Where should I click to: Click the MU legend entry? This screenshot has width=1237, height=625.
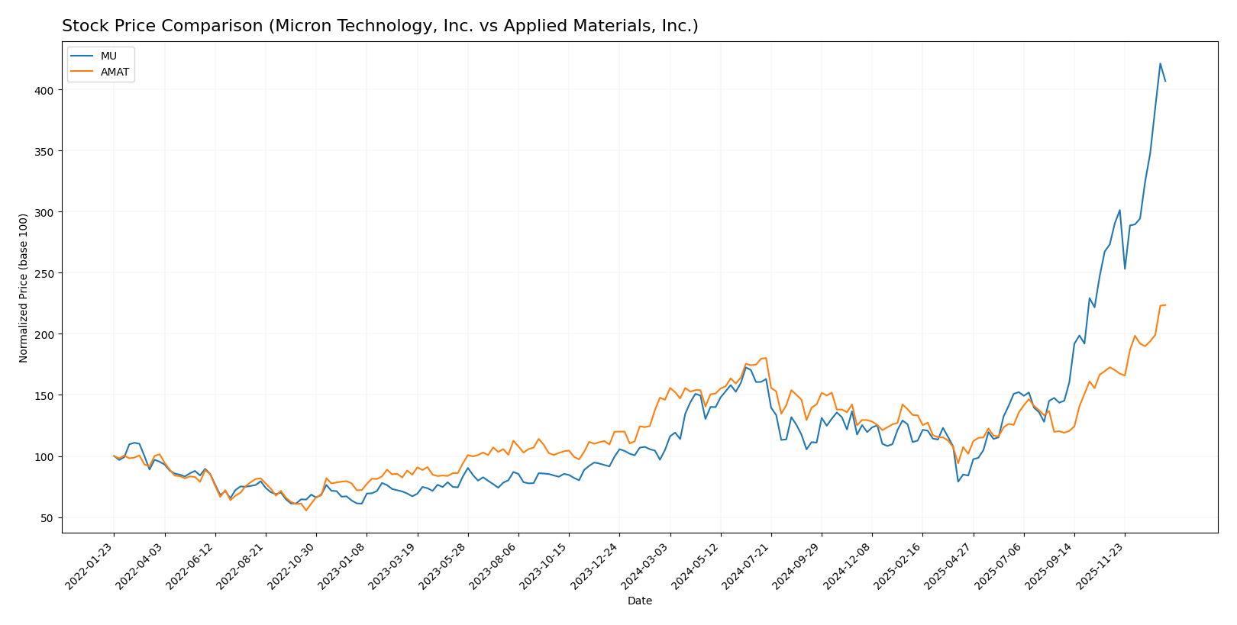pos(108,56)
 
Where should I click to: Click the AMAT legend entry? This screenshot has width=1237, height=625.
pos(115,72)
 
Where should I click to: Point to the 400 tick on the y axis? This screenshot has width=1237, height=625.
pos(47,90)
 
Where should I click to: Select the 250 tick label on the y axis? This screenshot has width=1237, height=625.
pos(47,273)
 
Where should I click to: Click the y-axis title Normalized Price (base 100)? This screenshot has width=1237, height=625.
pos(24,288)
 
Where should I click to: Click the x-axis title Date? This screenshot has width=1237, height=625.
pos(640,601)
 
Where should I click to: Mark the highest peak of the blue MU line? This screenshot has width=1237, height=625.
pos(1160,63)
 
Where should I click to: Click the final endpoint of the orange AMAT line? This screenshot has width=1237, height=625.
pos(1165,305)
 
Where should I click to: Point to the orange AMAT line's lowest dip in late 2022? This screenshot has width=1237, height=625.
pos(306,510)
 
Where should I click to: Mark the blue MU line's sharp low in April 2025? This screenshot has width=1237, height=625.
pos(958,481)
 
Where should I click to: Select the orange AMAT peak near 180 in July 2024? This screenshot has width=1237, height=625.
pos(766,358)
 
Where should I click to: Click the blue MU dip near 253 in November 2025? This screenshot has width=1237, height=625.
pos(1125,269)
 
